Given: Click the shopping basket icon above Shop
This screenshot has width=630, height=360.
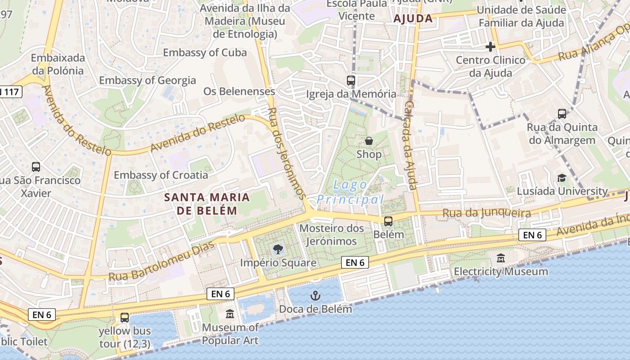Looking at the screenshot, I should click(369, 141).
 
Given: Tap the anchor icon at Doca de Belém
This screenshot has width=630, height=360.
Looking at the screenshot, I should click(315, 296).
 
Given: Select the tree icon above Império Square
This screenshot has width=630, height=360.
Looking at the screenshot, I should click(278, 249).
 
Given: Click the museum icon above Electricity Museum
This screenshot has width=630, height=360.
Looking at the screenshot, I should click(501, 258).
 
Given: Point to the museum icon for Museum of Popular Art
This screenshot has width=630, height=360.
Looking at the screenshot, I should click(230, 314).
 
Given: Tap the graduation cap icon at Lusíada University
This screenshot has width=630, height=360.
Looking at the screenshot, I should click(562, 178).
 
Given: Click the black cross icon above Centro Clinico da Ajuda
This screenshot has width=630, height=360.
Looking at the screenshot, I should click(490, 47).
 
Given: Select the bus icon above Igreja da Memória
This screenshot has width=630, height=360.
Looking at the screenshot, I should click(351, 81).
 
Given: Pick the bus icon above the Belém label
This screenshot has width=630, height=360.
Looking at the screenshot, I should click(388, 221).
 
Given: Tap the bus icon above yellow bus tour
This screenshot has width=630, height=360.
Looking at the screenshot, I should click(125, 318).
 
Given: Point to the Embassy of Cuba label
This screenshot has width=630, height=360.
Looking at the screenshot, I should click(205, 53).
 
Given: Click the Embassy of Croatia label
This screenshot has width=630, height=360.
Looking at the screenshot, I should click(161, 175).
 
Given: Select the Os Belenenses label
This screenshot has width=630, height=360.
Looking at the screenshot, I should click(239, 91).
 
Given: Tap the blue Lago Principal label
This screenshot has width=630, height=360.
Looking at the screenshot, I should click(351, 192).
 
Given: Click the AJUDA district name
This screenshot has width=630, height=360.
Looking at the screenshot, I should click(413, 19).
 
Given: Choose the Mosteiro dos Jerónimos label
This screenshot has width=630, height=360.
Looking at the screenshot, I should click(332, 235).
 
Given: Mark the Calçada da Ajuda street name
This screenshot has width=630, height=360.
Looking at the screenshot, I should click(409, 145).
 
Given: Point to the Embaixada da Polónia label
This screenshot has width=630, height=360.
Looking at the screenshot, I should click(58, 64).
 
